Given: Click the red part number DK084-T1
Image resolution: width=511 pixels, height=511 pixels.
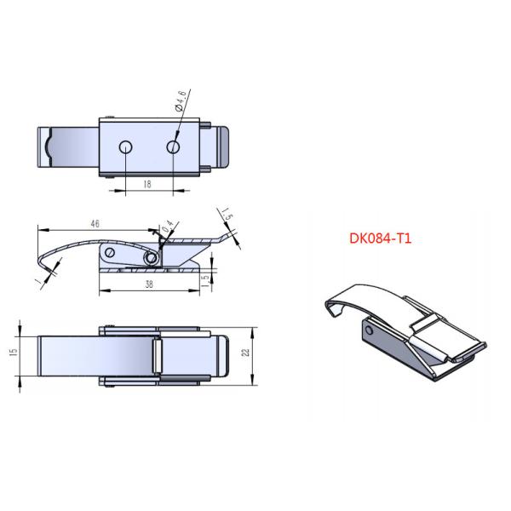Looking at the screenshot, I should pos(381,239).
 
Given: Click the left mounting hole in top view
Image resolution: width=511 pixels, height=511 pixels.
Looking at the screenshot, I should pos(125,146).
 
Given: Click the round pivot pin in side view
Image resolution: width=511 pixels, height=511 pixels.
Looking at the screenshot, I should pos(152,257).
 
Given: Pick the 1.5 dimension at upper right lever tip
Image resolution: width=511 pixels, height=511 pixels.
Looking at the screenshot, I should pos(227,213).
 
